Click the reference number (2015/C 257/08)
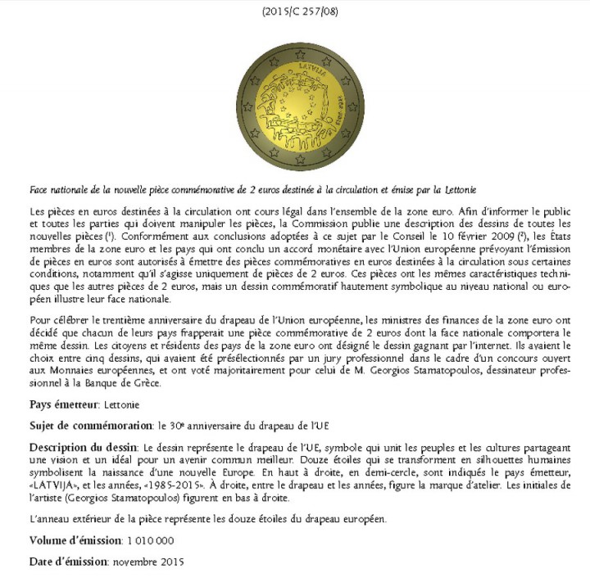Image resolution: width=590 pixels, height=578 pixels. tap(294, 11)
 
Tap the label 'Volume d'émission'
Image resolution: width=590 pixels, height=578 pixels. tap(75, 540)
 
